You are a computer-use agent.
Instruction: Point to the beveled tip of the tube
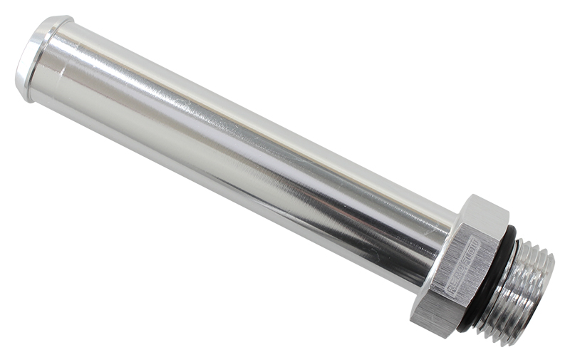coord(21,68)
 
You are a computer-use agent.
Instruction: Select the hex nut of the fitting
coord(460,267)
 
